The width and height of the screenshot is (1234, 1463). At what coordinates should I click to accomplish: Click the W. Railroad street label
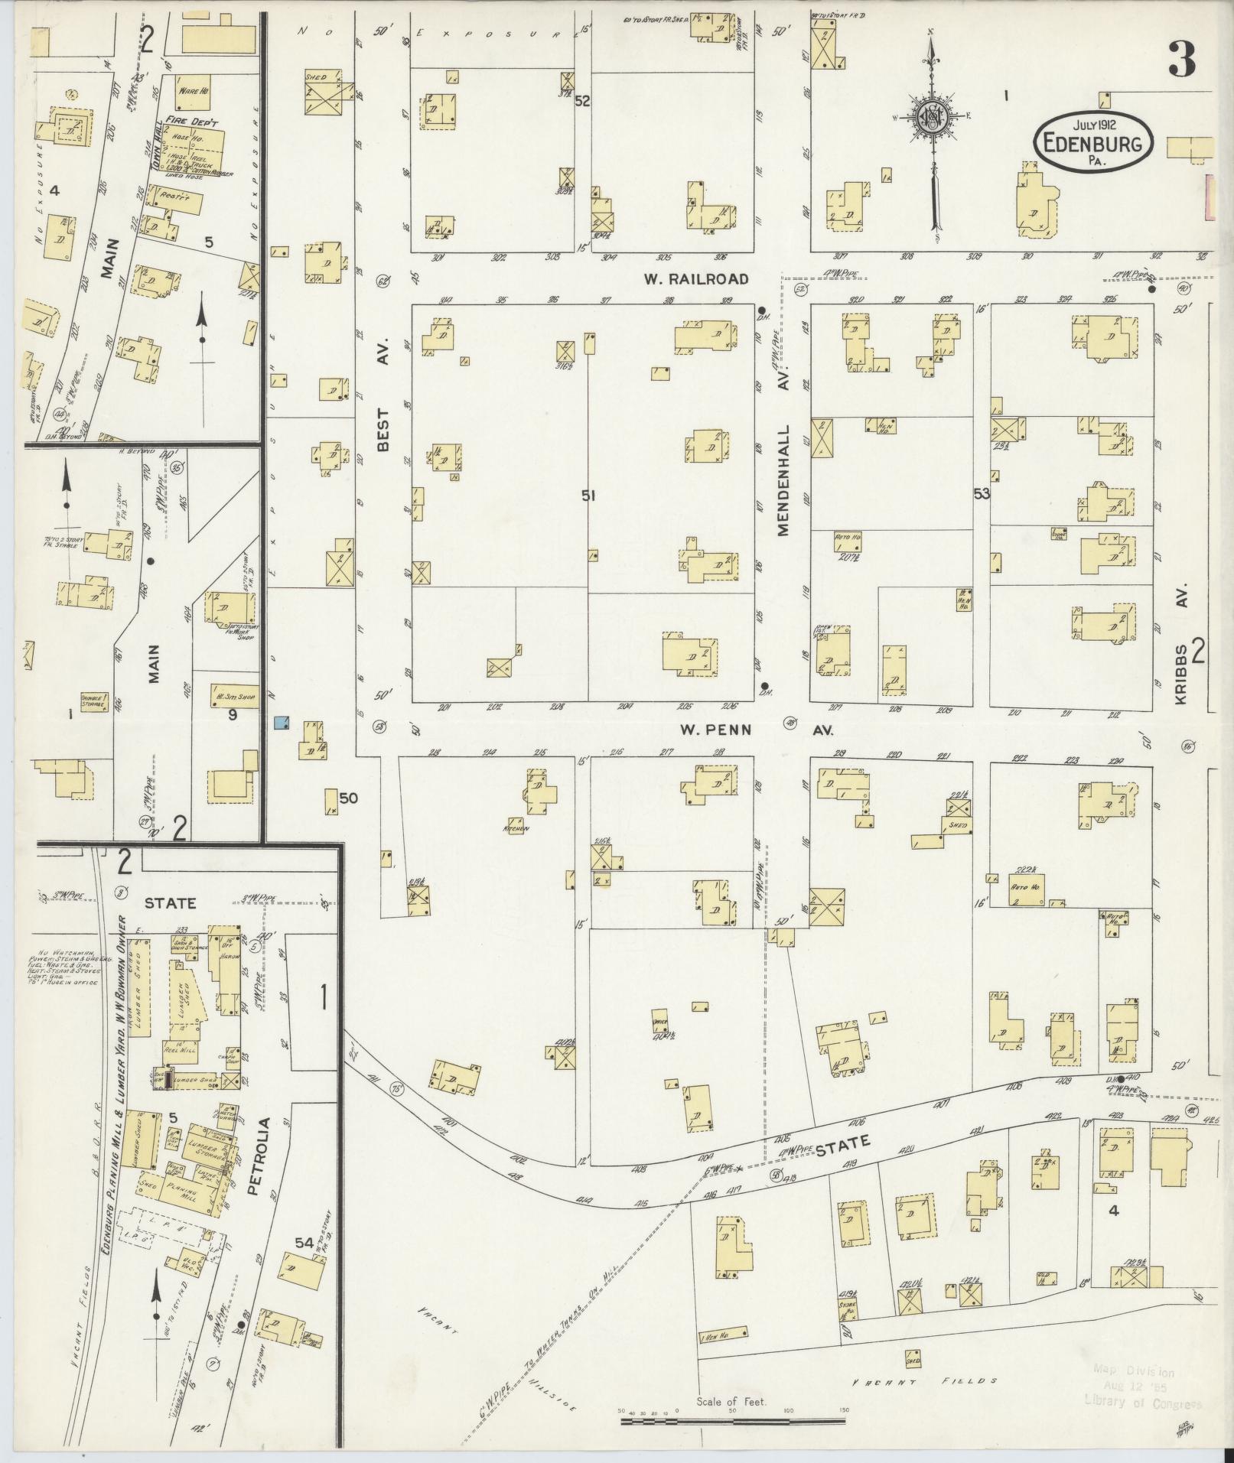[694, 279]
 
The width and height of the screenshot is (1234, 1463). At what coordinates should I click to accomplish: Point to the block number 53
[981, 494]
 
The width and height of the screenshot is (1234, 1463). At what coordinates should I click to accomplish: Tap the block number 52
[582, 101]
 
